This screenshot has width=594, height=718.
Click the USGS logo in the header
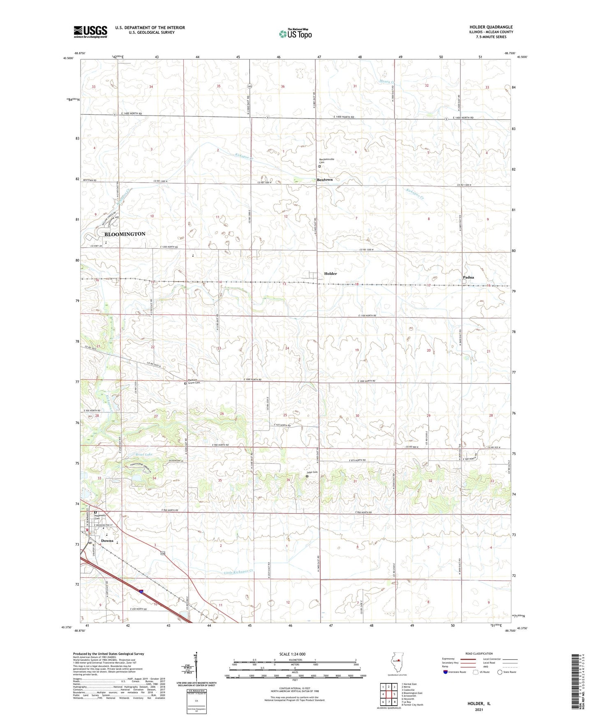click(x=90, y=32)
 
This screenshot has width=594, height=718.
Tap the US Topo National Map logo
click(x=294, y=34)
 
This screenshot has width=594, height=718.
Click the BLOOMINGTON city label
click(x=125, y=234)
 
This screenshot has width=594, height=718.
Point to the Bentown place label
click(x=325, y=180)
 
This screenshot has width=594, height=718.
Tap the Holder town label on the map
click(x=330, y=273)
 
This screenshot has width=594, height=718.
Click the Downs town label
click(x=107, y=541)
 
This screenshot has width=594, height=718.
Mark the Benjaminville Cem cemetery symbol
click(x=319, y=167)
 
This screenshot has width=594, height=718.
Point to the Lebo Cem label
click(x=312, y=472)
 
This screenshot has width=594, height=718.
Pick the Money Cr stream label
click(x=387, y=82)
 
